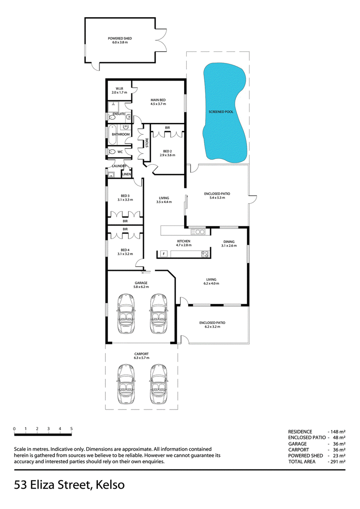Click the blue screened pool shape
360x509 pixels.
click(224, 112)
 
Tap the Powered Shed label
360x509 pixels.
click(120, 38)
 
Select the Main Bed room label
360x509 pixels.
click(158, 100)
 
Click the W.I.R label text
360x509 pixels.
click(119, 89)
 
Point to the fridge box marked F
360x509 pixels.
click(164, 253)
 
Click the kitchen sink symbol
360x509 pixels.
click(198, 232)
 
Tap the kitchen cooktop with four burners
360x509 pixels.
click(205, 254)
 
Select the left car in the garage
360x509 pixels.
click(126, 314)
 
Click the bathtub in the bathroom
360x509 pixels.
click(112, 135)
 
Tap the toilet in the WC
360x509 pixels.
click(112, 152)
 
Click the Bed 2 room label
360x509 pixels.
click(167, 151)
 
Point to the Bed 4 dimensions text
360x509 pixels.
click(125, 254)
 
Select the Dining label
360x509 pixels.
click(229, 242)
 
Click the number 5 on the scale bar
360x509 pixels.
click(72, 429)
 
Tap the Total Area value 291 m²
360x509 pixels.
click(338, 462)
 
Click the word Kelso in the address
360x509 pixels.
click(111, 485)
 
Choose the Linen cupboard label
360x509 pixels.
click(126, 174)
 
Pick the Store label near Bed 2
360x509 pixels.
click(147, 143)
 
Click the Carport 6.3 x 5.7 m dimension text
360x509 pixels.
click(142, 358)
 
